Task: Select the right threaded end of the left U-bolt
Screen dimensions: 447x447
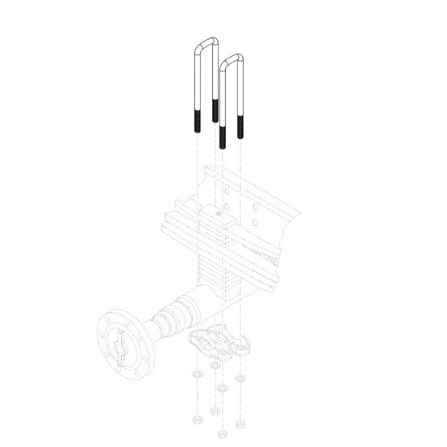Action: pyautogui.click(x=215, y=109)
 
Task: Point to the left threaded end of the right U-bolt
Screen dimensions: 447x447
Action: pyautogui.click(x=221, y=136)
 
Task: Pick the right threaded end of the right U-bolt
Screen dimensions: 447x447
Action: pyautogui.click(x=241, y=126)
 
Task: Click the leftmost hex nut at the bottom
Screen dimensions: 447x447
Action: pyautogui.click(x=196, y=420)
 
